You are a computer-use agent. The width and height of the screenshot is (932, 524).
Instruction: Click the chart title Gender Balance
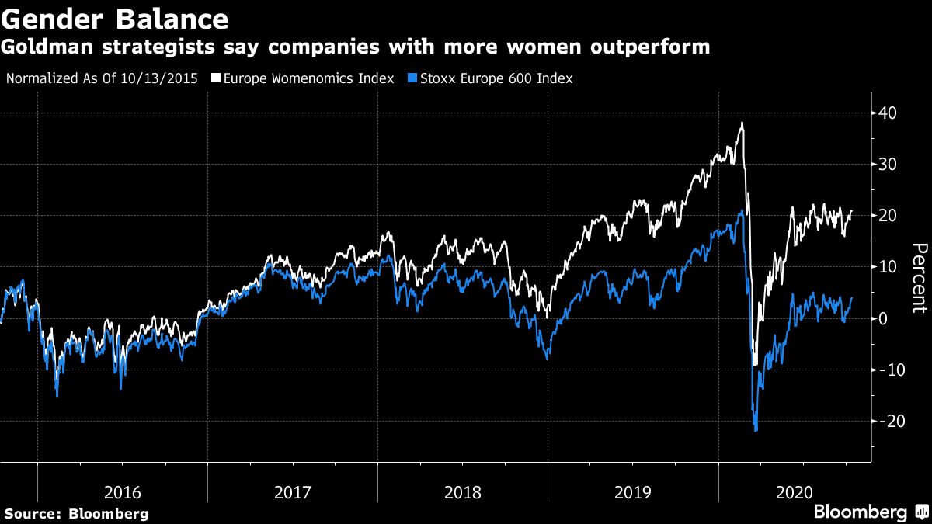(115, 19)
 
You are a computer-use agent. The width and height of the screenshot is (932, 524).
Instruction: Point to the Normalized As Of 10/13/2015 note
(103, 78)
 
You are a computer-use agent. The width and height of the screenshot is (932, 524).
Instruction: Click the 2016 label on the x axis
(123, 492)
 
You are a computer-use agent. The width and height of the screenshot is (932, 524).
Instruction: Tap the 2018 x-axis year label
(463, 492)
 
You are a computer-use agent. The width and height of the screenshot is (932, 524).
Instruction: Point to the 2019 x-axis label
(633, 492)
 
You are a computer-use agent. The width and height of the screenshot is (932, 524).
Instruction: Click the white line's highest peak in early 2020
(742, 123)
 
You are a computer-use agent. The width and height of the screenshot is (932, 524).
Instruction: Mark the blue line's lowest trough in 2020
(756, 431)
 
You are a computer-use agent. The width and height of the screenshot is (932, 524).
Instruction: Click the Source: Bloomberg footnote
(76, 513)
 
